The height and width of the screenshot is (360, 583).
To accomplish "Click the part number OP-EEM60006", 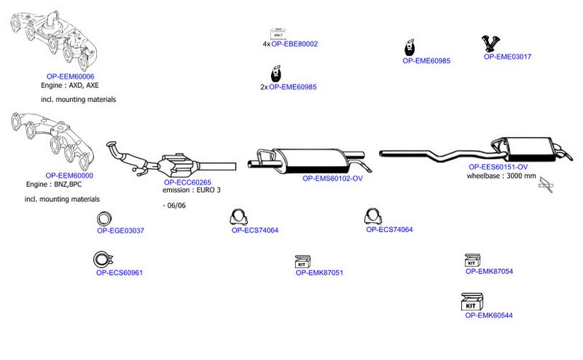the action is click(x=70, y=77).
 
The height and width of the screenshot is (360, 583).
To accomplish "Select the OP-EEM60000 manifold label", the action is click(x=69, y=176).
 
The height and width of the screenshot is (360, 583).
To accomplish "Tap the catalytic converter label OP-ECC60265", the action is click(x=187, y=182).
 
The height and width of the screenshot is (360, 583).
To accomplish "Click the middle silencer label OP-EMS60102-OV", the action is click(x=332, y=178).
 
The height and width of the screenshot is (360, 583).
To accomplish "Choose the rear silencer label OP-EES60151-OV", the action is click(x=498, y=167).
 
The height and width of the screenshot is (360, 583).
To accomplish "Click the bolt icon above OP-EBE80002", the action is click(x=278, y=34).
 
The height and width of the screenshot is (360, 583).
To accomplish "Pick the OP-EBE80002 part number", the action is click(x=294, y=44).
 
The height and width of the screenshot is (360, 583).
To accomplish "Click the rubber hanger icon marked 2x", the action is click(x=276, y=74).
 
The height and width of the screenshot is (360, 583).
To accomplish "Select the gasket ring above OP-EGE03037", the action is click(x=104, y=219).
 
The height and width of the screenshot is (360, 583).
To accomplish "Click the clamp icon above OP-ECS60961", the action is click(x=103, y=259).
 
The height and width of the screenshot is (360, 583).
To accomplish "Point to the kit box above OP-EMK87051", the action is click(x=302, y=262).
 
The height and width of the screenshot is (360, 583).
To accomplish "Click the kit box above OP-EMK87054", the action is click(x=472, y=260).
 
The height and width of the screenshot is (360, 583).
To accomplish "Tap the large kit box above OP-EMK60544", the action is click(x=472, y=302).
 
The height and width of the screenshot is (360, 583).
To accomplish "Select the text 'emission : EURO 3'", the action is click(x=192, y=190).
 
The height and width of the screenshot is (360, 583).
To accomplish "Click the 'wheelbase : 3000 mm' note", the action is click(x=501, y=176).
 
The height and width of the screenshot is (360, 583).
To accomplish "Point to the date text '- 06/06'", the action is click(x=174, y=206).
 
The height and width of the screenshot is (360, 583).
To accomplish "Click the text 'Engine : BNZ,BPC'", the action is click(x=54, y=184).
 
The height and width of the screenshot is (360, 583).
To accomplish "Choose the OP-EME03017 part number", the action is click(x=507, y=57).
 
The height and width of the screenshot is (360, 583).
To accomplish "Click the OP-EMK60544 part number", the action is click(x=489, y=316).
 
